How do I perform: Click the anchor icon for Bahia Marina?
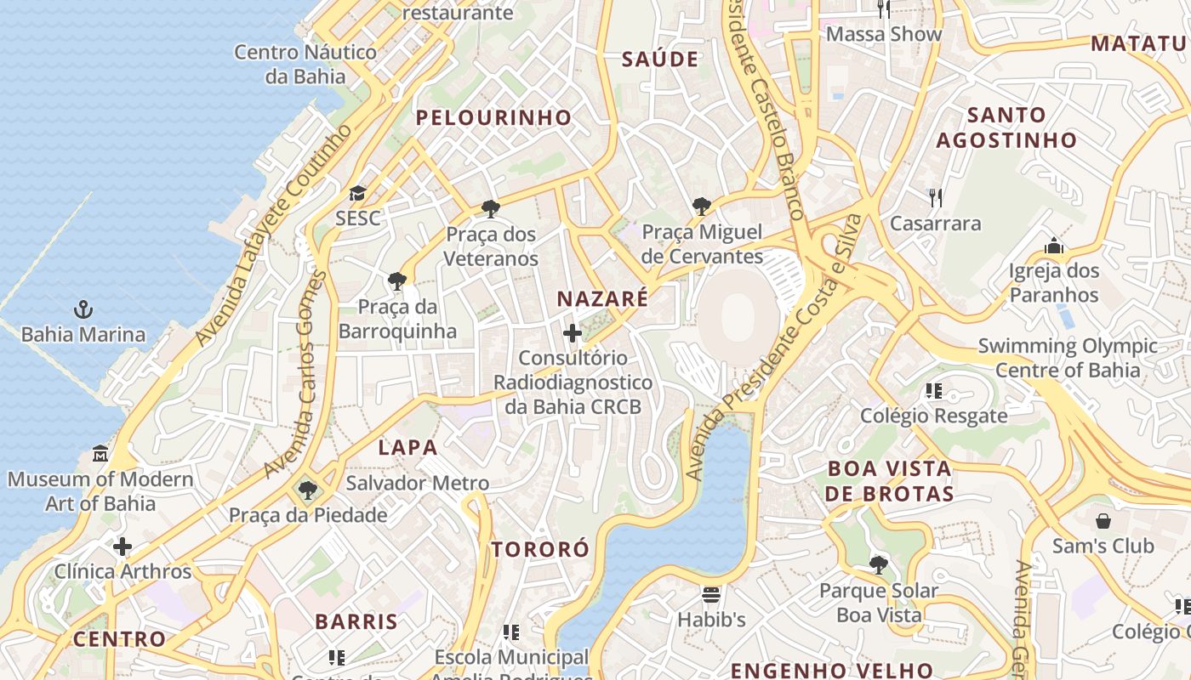83,309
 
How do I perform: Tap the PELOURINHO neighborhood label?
493,118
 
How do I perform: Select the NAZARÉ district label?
602,298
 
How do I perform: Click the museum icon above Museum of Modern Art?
100,453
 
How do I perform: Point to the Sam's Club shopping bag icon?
1103,520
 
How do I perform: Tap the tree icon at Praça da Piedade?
307,490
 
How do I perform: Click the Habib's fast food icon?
711,594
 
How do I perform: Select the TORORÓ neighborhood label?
540,549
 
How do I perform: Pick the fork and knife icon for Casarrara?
936,198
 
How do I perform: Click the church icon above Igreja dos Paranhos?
1054,246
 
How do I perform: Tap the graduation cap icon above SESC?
357,194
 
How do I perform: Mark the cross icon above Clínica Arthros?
123,546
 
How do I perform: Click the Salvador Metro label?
417,484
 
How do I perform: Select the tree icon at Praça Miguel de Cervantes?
702,206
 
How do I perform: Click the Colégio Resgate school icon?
934,391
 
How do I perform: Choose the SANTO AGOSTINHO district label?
1006,127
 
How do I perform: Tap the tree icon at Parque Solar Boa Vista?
879,564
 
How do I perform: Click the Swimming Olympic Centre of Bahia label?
1068,358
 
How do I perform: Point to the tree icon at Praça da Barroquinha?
396,280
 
